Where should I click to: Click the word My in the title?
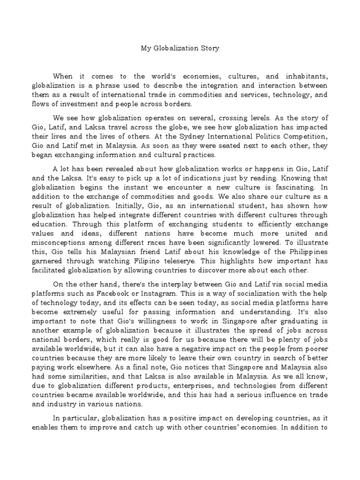146,48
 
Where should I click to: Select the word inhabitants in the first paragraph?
302,76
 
